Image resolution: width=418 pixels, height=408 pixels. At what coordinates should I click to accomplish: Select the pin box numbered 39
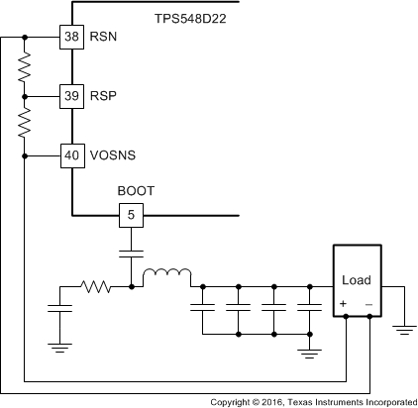(72, 97)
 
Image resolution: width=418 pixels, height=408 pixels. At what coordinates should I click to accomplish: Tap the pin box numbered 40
(72, 155)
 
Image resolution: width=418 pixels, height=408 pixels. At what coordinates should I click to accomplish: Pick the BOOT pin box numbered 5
(131, 214)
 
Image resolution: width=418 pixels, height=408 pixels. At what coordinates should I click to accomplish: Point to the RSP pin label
(103, 97)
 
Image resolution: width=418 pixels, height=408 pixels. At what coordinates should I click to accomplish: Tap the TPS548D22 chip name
(195, 18)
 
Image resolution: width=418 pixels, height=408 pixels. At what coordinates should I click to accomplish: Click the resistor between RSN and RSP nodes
(25, 67)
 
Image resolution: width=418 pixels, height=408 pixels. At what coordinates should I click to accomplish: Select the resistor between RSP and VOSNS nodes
(25, 126)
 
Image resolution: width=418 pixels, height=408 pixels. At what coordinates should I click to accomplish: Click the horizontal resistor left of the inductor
(96, 287)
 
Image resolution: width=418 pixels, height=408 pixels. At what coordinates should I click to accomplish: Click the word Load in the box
(357, 280)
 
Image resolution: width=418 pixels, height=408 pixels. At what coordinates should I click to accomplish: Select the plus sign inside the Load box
(344, 303)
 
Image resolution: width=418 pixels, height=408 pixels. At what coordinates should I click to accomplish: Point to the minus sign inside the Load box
(368, 303)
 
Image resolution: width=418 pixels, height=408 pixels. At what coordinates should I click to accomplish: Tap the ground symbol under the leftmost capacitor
(59, 346)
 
